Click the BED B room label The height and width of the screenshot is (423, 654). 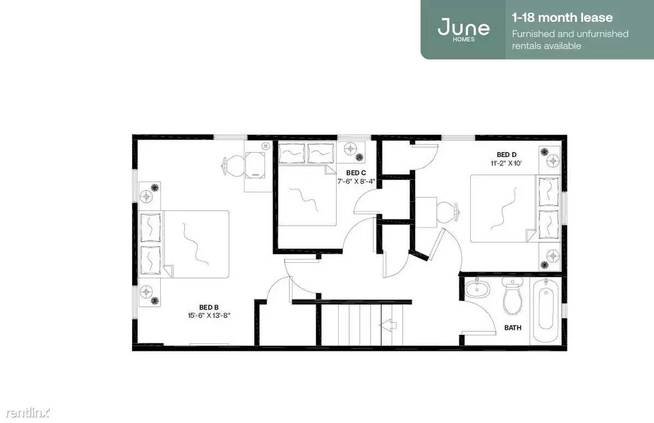(208, 307)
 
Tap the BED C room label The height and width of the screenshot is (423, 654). (356, 173)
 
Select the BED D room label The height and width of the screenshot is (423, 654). (506, 155)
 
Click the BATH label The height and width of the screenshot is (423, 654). (513, 328)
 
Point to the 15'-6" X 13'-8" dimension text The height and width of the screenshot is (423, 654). (208, 316)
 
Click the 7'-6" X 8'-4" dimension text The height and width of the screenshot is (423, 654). (356, 182)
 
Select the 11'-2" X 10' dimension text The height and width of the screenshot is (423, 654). (506, 164)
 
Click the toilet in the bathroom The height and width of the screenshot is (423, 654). (512, 295)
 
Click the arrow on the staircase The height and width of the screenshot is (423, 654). (387, 325)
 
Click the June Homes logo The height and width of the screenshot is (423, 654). (464, 29)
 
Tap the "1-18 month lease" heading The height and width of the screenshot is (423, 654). (562, 17)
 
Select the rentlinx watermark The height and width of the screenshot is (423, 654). (28, 413)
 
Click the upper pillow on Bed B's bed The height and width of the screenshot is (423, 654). (150, 227)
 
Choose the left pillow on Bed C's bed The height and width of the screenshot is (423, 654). (292, 153)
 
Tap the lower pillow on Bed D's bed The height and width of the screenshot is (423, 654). (549, 224)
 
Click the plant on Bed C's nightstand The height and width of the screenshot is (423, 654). (359, 157)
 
